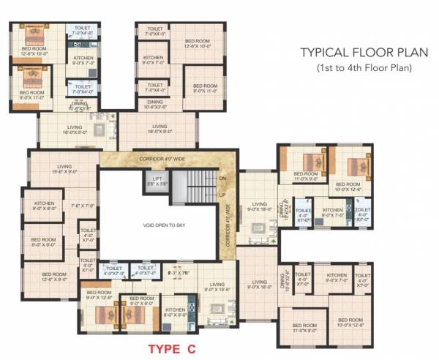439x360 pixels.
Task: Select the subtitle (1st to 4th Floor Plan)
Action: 363,68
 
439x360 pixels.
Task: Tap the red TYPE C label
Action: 170,350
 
